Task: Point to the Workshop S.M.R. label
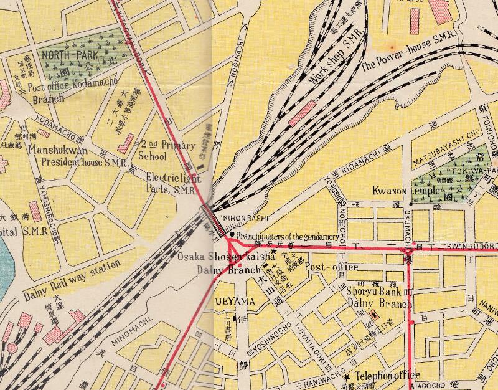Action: click(336, 67)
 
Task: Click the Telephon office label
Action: click(388, 376)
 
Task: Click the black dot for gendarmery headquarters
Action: click(232, 235)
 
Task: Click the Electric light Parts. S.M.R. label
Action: click(172, 182)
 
